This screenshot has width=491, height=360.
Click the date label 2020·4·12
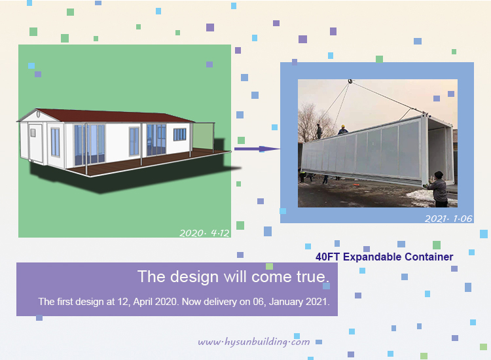pos(204,233)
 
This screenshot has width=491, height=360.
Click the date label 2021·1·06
pos(448,219)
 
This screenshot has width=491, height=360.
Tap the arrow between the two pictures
pos(257,149)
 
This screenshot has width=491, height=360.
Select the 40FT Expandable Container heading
pos(384,257)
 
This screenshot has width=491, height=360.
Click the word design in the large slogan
pos(194,277)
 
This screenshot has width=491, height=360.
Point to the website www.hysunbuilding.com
pos(254,342)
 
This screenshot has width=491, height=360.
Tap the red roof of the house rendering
pos(113,115)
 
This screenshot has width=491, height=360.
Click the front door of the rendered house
pos(35,143)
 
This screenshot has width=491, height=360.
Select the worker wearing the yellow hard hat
pos(343,130)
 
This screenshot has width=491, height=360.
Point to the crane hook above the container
pos(350,82)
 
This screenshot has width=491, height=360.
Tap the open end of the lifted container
pos(440,153)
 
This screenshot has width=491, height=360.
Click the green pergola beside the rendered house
pos(203,136)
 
